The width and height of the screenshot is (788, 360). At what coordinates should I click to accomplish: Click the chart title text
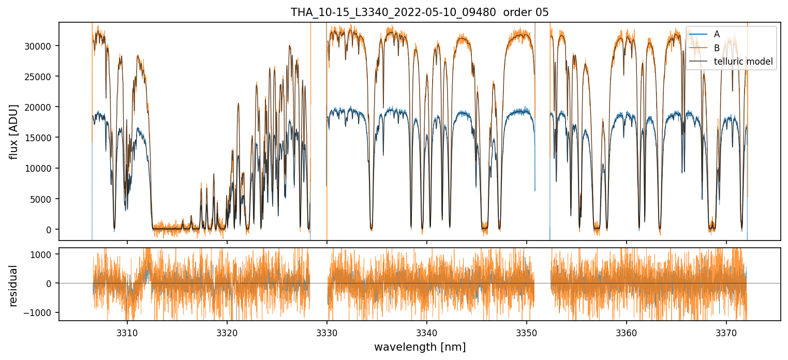click(420, 12)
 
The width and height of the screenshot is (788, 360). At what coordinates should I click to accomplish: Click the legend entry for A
click(717, 34)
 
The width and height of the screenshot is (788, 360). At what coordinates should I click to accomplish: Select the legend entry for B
click(717, 48)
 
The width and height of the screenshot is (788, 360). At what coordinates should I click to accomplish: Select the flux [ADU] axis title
click(14, 131)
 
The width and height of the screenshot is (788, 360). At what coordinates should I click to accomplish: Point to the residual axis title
click(14, 285)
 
